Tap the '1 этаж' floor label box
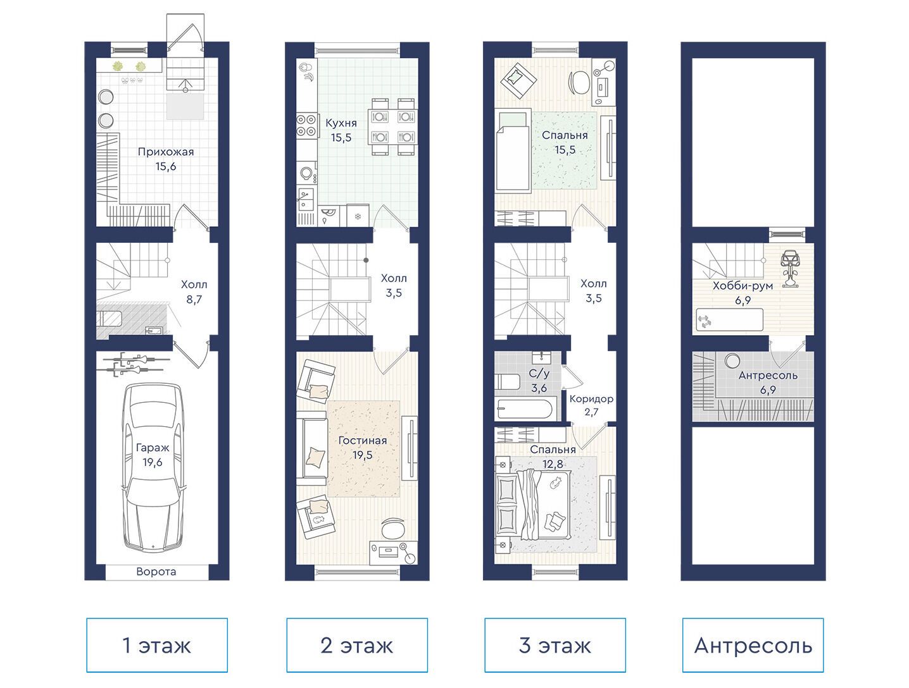[x=157, y=645]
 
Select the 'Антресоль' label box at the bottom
[x=753, y=645]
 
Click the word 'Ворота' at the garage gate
[x=156, y=572]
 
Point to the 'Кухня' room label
[x=341, y=123]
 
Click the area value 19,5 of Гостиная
[x=362, y=455]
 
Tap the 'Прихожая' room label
[x=166, y=152]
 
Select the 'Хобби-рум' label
[x=743, y=286]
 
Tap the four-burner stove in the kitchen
[x=306, y=125]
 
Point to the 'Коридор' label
[x=591, y=399]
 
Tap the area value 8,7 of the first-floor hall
[x=194, y=299]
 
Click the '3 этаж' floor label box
[x=555, y=645]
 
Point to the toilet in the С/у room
[x=508, y=381]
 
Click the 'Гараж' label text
[x=153, y=448]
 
